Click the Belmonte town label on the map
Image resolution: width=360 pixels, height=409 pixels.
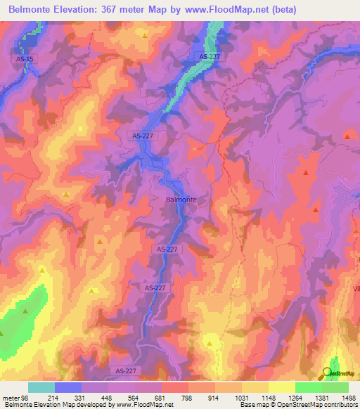tap(181, 200)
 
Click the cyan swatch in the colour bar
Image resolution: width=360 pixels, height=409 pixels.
tap(41, 388)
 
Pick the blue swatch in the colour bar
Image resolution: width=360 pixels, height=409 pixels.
tap(68, 388)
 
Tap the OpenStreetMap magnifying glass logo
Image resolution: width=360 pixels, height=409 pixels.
tap(328, 372)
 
